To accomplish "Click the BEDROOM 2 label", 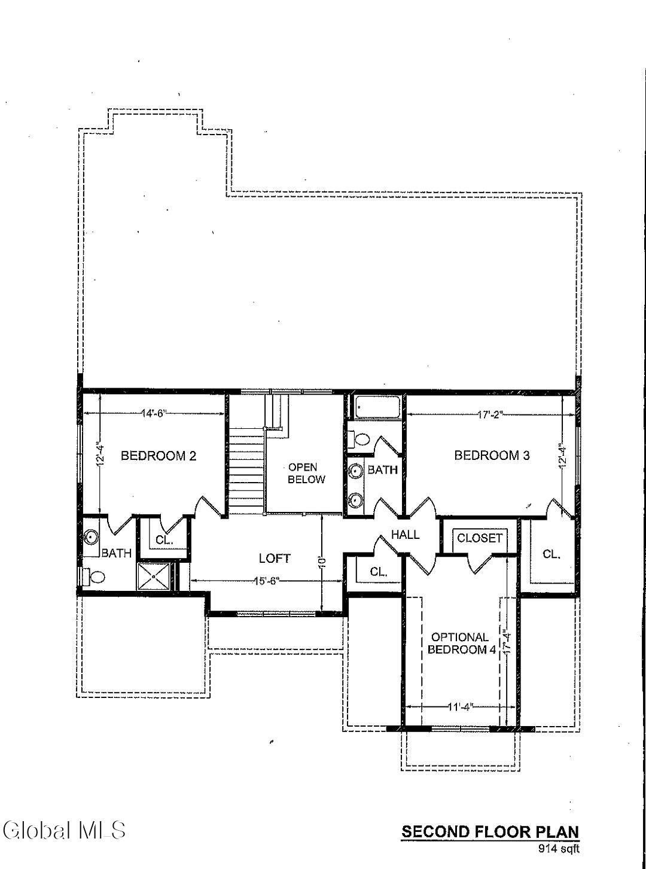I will click(x=159, y=456).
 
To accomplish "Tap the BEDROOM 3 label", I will click(x=492, y=456).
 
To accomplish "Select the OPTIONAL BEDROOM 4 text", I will click(x=459, y=644).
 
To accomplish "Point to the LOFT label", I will click(x=275, y=559).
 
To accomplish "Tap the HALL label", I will click(x=406, y=535).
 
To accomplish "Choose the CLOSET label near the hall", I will click(x=480, y=538).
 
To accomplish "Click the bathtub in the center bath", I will click(x=377, y=408).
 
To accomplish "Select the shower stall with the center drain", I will click(x=154, y=577).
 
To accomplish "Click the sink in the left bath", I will click(x=91, y=536).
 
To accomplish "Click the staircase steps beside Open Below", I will click(x=246, y=472).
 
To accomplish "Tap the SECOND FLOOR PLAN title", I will click(x=490, y=832).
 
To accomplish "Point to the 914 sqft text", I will click(x=559, y=847).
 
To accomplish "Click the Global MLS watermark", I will click(x=65, y=830).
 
